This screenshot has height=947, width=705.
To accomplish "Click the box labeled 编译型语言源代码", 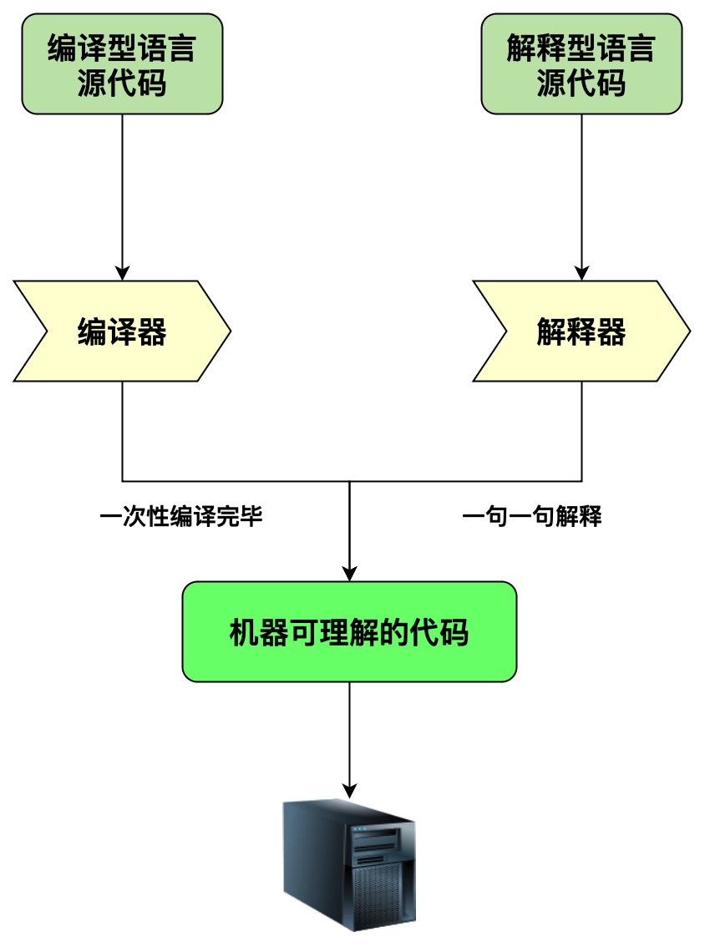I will (122, 63).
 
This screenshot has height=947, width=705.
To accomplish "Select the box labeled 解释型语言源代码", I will (581, 63).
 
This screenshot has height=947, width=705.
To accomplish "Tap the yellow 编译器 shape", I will (122, 332).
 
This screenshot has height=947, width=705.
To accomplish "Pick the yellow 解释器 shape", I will (581, 332).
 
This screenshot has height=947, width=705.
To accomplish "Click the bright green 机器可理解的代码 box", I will (349, 631).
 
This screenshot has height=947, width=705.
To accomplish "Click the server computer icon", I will (348, 863).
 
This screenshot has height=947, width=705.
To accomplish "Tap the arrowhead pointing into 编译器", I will (123, 272).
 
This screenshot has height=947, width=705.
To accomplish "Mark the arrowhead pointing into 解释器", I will (581, 272).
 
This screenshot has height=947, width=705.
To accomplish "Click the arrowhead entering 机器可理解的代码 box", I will (349, 573).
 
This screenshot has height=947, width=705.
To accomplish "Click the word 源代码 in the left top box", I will (122, 84).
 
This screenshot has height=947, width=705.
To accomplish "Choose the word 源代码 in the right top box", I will (581, 84).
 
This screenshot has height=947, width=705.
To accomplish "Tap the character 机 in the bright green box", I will (242, 633).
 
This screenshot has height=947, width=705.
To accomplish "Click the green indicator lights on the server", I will (359, 829).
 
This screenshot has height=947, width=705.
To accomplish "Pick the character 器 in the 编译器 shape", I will (152, 332).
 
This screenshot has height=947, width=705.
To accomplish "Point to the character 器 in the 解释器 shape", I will (611, 332).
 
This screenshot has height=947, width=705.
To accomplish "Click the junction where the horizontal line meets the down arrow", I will (349, 482).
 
